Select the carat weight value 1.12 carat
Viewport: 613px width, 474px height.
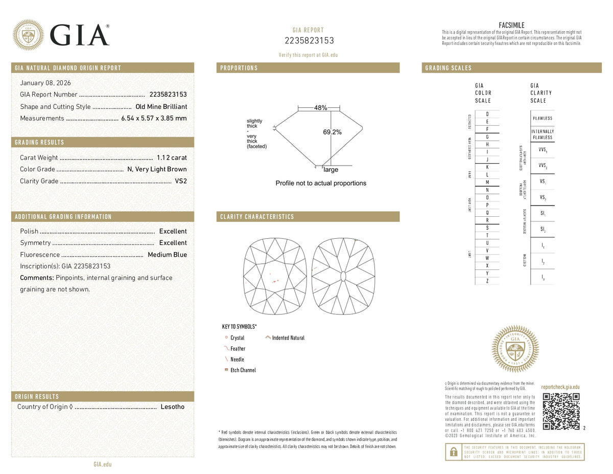pos(172,157)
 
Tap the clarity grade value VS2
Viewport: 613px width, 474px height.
pos(181,181)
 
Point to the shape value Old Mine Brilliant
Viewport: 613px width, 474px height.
pos(161,107)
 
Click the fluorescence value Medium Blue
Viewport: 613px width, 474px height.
pos(167,255)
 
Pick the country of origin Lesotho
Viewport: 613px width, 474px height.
pos(172,407)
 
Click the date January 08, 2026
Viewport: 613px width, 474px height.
pos(45,83)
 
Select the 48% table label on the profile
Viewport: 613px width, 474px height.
pos(320,108)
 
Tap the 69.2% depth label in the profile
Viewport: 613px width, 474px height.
pos(332,132)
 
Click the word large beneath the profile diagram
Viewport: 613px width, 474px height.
pos(331,170)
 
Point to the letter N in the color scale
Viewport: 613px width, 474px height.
pos(487,190)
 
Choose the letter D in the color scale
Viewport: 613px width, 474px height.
pos(487,114)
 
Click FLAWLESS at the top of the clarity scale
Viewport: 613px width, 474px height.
pos(542,118)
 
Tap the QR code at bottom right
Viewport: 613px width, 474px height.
pos(561,411)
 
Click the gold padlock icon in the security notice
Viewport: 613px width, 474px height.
pos(453,452)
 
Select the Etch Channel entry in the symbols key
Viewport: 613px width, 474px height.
pos(243,370)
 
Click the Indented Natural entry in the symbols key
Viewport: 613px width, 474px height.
pos(288,338)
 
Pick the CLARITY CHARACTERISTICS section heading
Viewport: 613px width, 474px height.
pos(257,217)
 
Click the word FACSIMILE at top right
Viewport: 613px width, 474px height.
pos(511,25)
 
